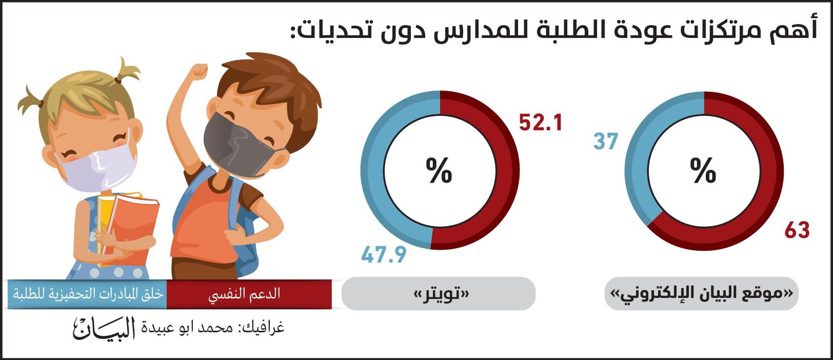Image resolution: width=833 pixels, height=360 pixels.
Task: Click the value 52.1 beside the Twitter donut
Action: click(540, 123)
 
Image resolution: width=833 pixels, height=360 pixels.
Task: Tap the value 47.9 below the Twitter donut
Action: click(384, 255)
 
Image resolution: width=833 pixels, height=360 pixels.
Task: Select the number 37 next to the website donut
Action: click(605, 142)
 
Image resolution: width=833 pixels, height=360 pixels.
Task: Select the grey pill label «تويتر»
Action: click(439, 293)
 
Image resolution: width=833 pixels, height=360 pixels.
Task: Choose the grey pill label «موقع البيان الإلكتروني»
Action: click(701, 293)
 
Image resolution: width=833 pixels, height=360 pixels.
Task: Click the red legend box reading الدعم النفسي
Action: click(249, 294)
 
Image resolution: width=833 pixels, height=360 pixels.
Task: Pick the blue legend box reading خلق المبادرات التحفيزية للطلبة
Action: click(87, 294)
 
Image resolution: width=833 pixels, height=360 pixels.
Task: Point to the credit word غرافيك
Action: click(264, 327)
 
